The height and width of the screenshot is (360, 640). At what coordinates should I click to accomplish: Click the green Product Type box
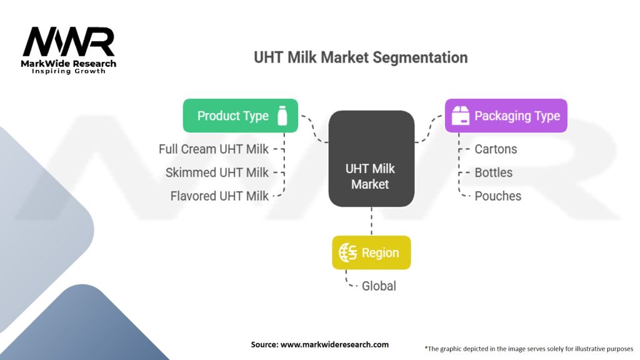[241, 116]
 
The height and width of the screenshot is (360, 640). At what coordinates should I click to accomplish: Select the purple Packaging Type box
[506, 116]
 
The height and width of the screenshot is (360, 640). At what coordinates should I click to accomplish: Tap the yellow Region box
[371, 252]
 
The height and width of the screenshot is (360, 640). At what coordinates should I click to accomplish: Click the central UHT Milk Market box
[371, 159]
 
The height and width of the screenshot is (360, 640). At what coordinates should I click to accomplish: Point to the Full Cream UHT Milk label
[214, 149]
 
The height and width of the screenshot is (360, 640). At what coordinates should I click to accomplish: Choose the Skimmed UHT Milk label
[217, 172]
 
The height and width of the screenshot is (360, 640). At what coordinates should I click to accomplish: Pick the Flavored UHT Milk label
[219, 196]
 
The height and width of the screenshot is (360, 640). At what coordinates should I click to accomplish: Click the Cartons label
[496, 149]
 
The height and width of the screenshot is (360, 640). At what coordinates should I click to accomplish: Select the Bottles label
[494, 172]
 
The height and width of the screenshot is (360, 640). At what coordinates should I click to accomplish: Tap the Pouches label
[498, 196]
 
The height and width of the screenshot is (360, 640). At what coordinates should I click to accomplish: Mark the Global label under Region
[379, 286]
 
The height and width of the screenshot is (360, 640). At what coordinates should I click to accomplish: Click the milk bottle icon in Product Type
[282, 116]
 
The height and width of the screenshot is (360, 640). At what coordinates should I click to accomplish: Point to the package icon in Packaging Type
[461, 116]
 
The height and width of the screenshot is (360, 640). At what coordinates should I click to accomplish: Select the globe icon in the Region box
[347, 252]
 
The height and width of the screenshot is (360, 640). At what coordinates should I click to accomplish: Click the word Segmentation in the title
[420, 57]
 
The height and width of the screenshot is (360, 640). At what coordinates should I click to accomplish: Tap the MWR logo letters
[69, 42]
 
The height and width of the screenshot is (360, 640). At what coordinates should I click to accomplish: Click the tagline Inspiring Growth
[69, 71]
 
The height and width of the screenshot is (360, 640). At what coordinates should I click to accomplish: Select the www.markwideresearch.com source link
[335, 344]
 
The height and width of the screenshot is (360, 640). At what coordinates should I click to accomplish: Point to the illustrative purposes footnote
[529, 349]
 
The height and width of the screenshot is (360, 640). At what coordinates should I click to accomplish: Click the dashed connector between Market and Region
[371, 221]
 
